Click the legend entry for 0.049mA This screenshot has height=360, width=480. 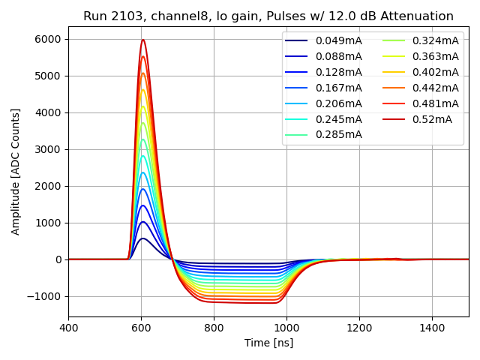pyautogui.click(x=338, y=40)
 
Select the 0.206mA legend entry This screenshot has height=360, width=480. pyautogui.click(x=338, y=103)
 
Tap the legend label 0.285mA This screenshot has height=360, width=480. pyautogui.click(x=338, y=135)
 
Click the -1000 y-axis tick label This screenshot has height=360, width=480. pyautogui.click(x=46, y=296)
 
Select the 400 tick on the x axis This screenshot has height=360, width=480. pyautogui.click(x=68, y=328)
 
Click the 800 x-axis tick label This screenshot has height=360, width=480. pyautogui.click(x=214, y=328)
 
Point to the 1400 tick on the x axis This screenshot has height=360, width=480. pyautogui.click(x=432, y=328)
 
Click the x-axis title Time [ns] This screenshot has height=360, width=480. pyautogui.click(x=268, y=343)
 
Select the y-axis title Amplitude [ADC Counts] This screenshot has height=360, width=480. pyautogui.click(x=16, y=171)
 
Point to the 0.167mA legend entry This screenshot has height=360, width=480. pyautogui.click(x=338, y=88)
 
